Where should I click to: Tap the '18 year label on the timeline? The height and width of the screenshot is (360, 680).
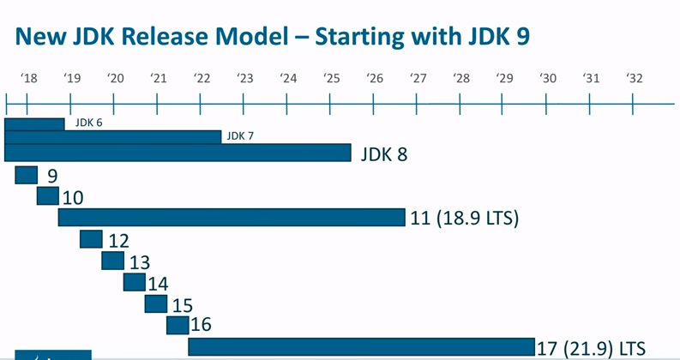pyautogui.click(x=28, y=79)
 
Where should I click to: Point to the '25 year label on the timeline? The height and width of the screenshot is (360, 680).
pyautogui.click(x=332, y=79)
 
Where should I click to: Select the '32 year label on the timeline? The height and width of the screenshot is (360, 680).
pyautogui.click(x=634, y=79)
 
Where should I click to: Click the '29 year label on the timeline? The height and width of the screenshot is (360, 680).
pyautogui.click(x=504, y=79)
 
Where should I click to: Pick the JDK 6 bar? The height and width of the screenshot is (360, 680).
pyautogui.click(x=34, y=124)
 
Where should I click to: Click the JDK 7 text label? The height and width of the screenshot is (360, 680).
pyautogui.click(x=240, y=136)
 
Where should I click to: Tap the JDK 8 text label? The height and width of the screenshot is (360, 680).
pyautogui.click(x=383, y=154)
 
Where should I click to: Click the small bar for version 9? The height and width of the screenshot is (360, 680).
pyautogui.click(x=27, y=175)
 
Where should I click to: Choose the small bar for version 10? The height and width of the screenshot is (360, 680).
pyautogui.click(x=48, y=196)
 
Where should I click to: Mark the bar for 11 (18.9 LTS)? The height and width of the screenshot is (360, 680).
pyautogui.click(x=232, y=218)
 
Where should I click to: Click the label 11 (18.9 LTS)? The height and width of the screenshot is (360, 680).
pyautogui.click(x=465, y=219)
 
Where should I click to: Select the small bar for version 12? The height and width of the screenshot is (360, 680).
pyautogui.click(x=91, y=239)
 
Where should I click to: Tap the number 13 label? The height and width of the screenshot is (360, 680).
pyautogui.click(x=139, y=262)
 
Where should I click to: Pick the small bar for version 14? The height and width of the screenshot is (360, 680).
pyautogui.click(x=135, y=282)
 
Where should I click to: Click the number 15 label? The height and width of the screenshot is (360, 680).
pyautogui.click(x=183, y=305)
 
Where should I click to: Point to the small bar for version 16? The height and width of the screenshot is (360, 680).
pyautogui.click(x=178, y=325)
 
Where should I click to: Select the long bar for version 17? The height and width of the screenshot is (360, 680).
pyautogui.click(x=361, y=346)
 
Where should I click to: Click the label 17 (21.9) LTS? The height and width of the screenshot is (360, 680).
pyautogui.click(x=591, y=348)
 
